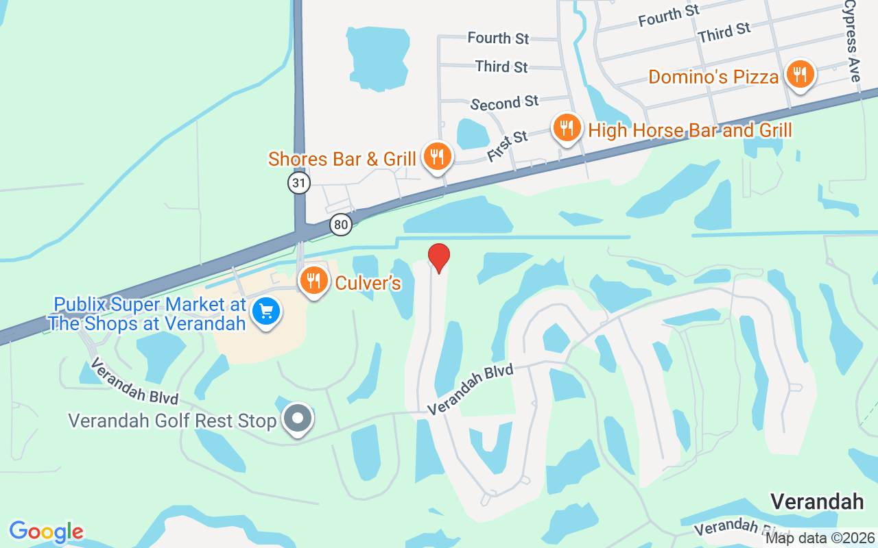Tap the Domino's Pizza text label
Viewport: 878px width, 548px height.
(713, 77)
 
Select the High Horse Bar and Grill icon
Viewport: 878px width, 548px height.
(567, 127)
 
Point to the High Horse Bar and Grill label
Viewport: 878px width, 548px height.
(690, 130)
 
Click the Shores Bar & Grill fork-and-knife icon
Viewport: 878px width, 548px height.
(436, 157)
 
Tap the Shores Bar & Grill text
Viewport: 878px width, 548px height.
(342, 159)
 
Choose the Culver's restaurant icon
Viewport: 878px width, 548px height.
(313, 281)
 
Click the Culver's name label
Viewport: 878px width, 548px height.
(368, 282)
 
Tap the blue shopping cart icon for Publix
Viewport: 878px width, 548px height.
(265, 312)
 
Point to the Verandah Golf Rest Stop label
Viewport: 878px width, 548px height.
(172, 420)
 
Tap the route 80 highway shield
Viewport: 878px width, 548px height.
(340, 224)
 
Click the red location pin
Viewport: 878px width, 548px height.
(439, 258)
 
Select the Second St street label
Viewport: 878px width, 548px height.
(505, 103)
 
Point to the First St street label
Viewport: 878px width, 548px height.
(508, 146)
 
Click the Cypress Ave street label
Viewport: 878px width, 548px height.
(852, 41)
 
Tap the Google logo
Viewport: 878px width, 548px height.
(46, 532)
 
